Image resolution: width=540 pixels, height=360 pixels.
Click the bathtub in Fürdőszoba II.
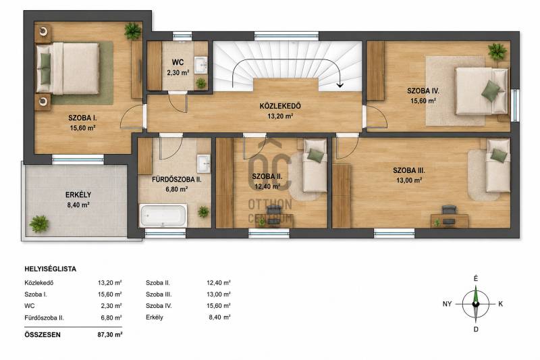(x=163, y=215)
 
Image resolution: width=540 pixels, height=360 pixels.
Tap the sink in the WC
(x=200, y=65)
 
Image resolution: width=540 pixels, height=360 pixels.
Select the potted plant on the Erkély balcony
(x=38, y=224)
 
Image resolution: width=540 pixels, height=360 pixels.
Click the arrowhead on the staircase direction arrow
(x=340, y=84)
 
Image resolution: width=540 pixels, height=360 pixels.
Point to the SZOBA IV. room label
(x=423, y=91)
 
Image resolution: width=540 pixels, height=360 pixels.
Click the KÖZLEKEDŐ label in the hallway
(x=280, y=106)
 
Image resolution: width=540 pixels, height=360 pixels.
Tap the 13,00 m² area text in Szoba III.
(x=409, y=180)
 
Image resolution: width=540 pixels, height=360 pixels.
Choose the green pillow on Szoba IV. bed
(x=491, y=91)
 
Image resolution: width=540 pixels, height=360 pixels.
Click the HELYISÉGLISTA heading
(x=50, y=269)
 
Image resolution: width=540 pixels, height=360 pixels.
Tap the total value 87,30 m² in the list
(x=110, y=334)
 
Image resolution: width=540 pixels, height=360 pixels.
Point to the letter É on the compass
(x=476, y=278)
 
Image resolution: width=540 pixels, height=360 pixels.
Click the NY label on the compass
(x=447, y=304)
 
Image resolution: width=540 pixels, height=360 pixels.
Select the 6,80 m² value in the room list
(x=111, y=317)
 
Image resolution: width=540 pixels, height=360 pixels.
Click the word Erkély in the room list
(x=155, y=317)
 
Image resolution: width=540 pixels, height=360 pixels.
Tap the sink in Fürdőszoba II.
(x=204, y=163)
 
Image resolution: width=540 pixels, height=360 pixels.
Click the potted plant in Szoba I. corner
(x=132, y=31)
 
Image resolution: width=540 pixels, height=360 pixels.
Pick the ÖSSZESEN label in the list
(x=43, y=334)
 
